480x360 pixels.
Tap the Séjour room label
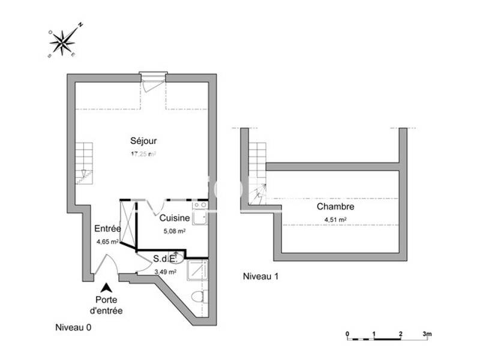coord(143,142)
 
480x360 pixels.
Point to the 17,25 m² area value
coord(143,154)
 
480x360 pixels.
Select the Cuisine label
coord(175,219)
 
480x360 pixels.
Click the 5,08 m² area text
coord(174,230)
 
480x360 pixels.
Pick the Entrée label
coord(107,229)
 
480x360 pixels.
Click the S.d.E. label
coord(164,259)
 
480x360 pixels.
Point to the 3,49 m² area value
coord(165,272)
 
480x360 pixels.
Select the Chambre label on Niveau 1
coord(335,207)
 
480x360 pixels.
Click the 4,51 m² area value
coord(335,220)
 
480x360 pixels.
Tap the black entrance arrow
coord(106,288)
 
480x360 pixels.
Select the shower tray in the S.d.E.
coord(197,271)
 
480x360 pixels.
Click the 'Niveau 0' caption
coord(73,328)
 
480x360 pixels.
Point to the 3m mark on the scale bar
coord(427,334)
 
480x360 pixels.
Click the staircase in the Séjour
coord(84,163)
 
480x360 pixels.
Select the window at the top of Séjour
coord(152,77)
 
